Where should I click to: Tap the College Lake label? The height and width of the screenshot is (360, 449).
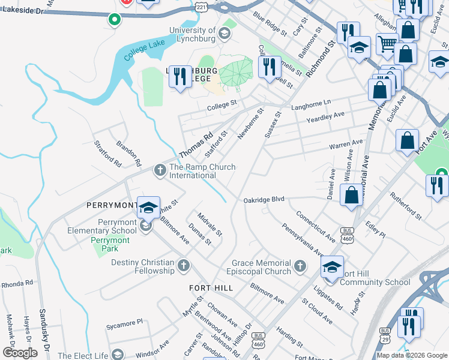tap(144, 55)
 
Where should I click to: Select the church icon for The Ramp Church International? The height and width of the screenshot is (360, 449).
tap(160, 170)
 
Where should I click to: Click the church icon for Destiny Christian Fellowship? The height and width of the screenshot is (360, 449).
tap(184, 265)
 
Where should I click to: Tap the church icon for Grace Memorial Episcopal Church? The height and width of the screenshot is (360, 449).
tap(301, 265)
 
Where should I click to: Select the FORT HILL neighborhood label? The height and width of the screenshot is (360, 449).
tap(211, 288)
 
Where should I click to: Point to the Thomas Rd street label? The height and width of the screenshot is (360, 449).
tap(196, 146)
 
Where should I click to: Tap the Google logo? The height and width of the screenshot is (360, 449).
tap(20, 352)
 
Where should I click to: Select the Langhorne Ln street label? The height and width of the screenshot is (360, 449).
tap(311, 104)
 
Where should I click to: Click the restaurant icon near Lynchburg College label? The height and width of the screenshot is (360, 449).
tap(180, 77)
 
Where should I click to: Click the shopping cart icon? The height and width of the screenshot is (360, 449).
tap(388, 44)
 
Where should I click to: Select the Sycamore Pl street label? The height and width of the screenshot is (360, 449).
tap(124, 322)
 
